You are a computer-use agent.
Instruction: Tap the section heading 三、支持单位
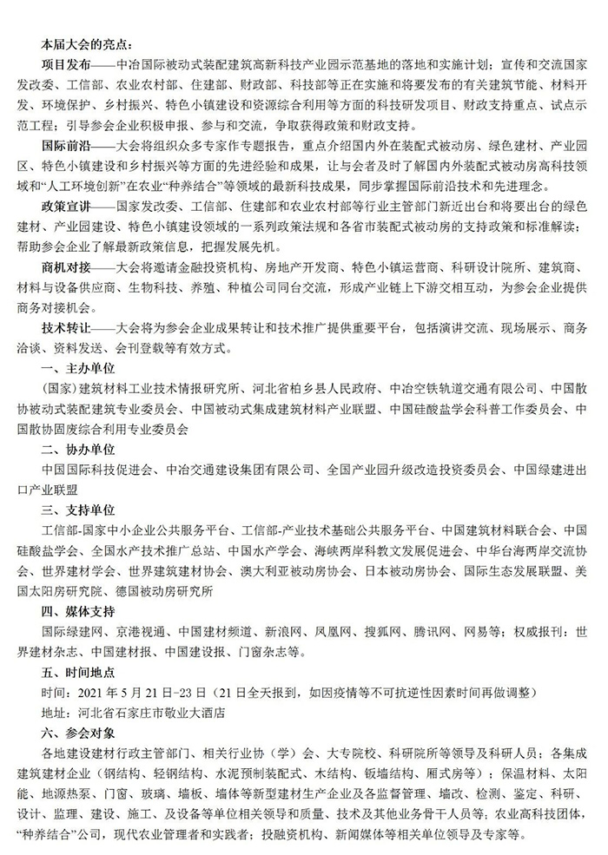[78, 509]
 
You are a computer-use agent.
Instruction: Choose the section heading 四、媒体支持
[78, 611]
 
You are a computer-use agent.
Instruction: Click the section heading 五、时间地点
[78, 672]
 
